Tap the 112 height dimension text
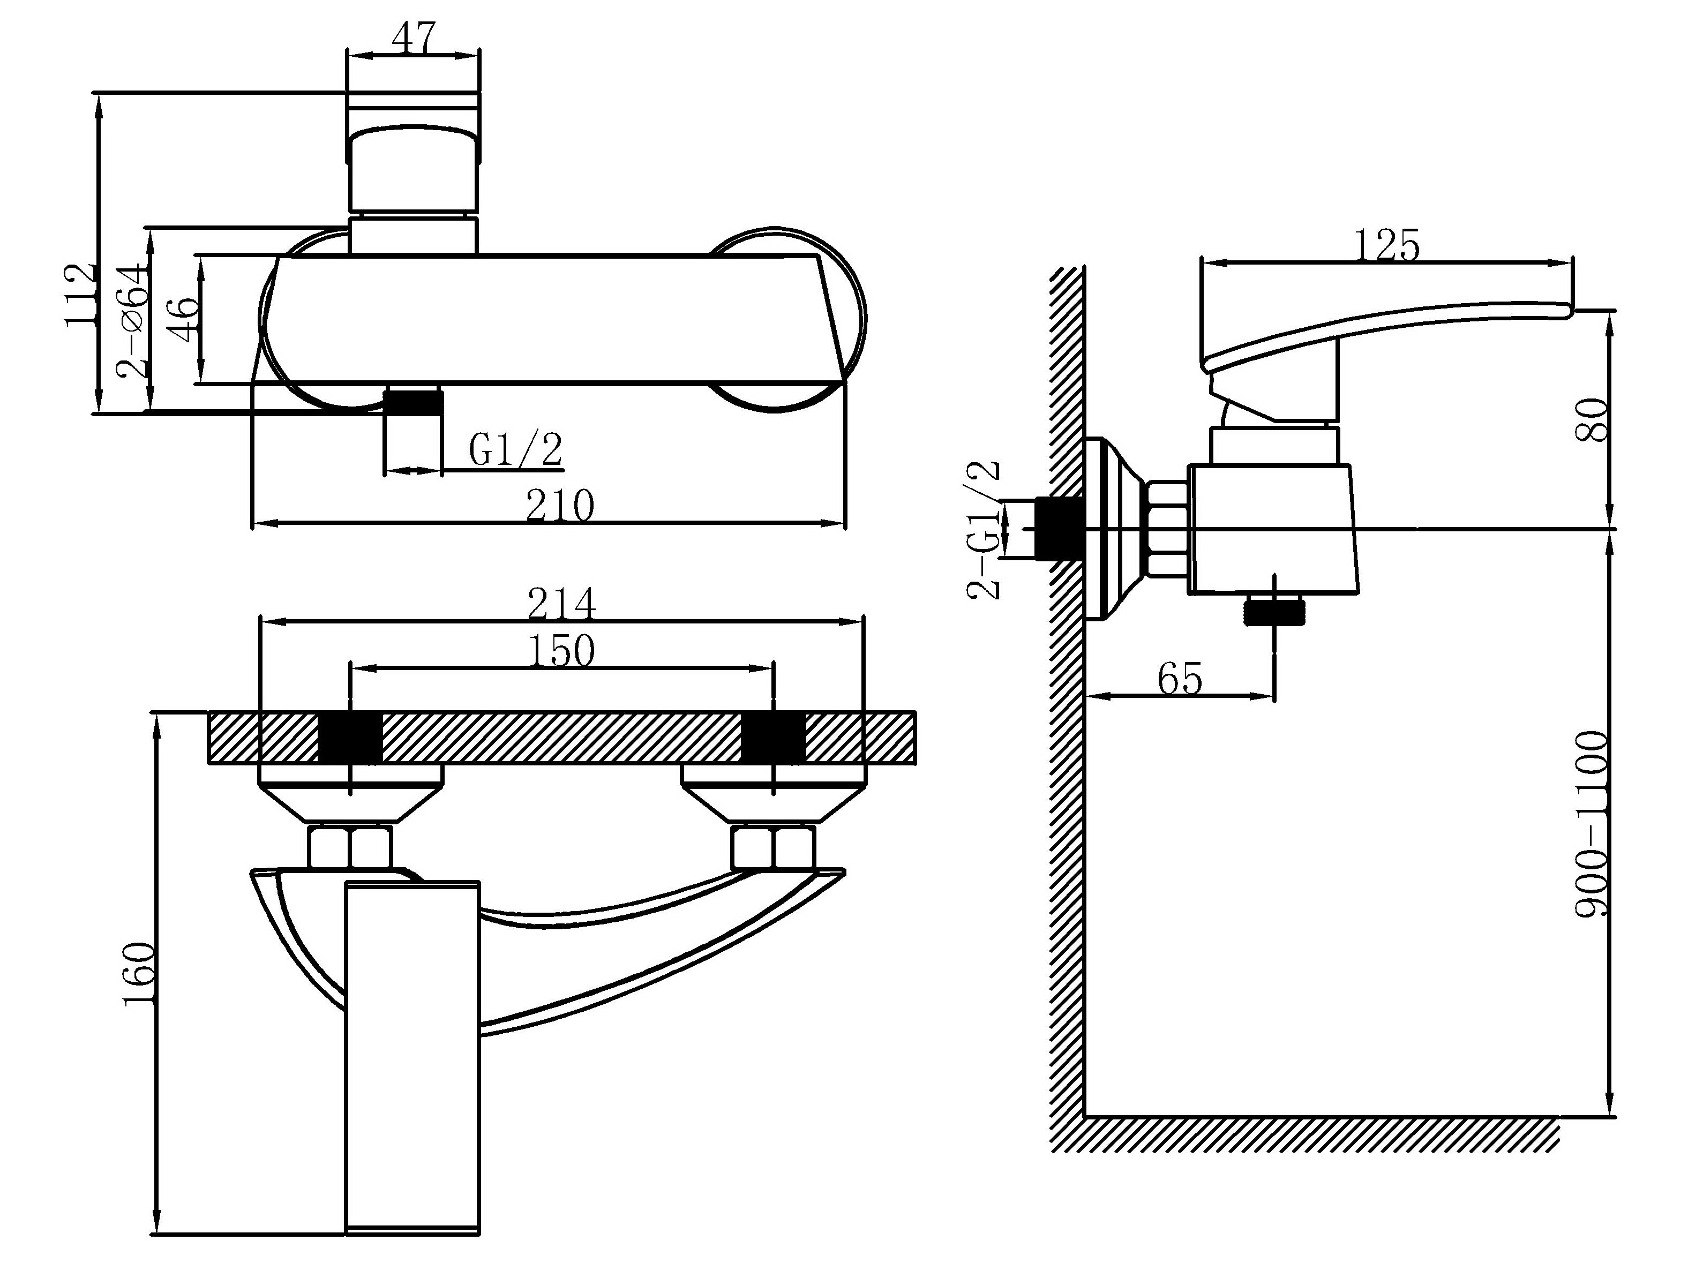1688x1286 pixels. click(81, 296)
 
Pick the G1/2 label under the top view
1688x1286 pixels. click(515, 450)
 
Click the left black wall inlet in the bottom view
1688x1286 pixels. click(350, 739)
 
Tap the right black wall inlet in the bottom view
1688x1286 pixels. click(774, 739)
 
